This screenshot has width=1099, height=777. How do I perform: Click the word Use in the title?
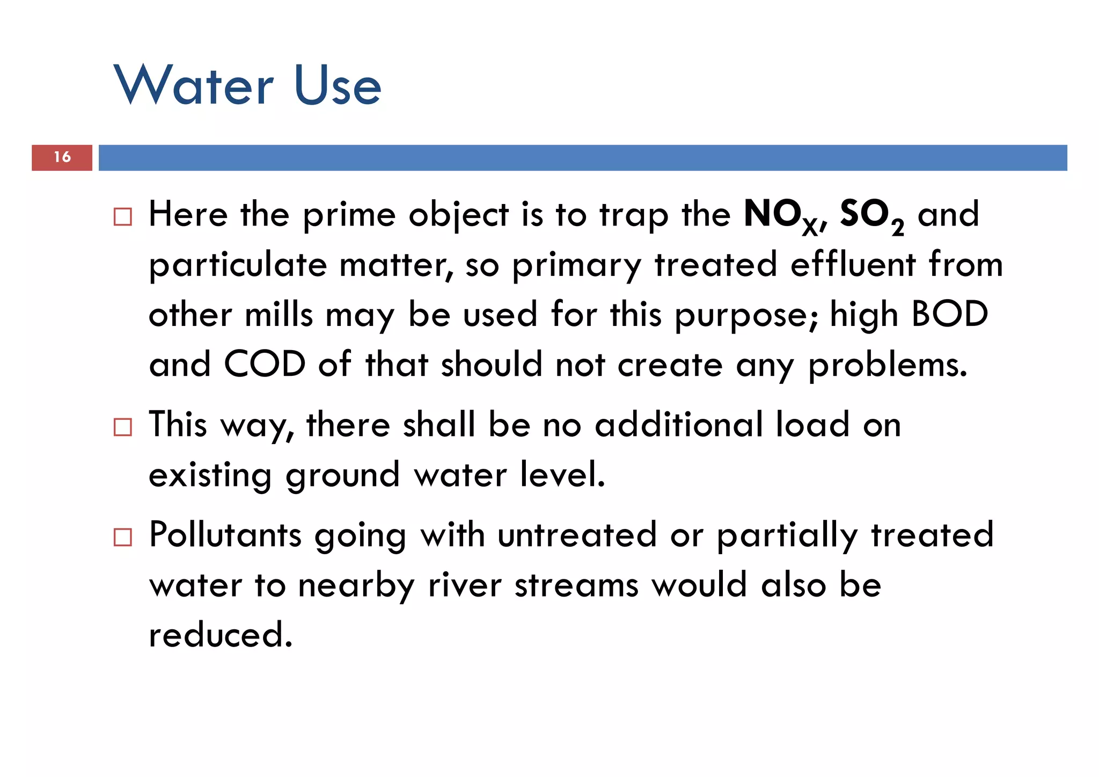338,86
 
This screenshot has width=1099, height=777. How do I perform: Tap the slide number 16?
62,157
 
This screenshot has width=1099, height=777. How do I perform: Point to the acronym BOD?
949,314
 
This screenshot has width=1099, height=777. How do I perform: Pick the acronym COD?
265,365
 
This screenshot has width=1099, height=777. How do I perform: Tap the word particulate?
238,266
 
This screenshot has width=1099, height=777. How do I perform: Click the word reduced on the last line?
221,635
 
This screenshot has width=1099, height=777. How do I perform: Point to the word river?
465,585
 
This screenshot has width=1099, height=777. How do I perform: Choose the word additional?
678,425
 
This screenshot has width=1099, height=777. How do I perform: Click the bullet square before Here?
123,217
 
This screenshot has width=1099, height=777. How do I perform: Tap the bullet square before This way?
123,427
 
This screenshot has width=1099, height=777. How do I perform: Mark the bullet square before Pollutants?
123,538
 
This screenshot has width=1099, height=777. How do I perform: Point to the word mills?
279,315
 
